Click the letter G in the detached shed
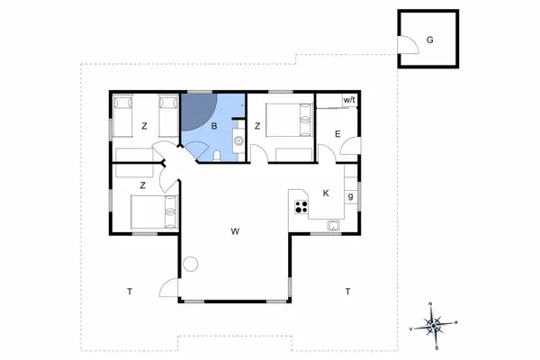430,40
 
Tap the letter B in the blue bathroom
214,127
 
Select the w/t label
348,100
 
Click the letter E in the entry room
337,135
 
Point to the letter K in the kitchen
327,193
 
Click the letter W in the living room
234,231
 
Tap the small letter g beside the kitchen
350,197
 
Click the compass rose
434,326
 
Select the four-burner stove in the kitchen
300,209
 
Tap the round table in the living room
191,265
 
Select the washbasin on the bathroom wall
238,139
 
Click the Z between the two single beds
143,126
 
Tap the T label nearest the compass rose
346,291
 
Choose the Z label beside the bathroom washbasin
257,126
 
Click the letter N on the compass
431,304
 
